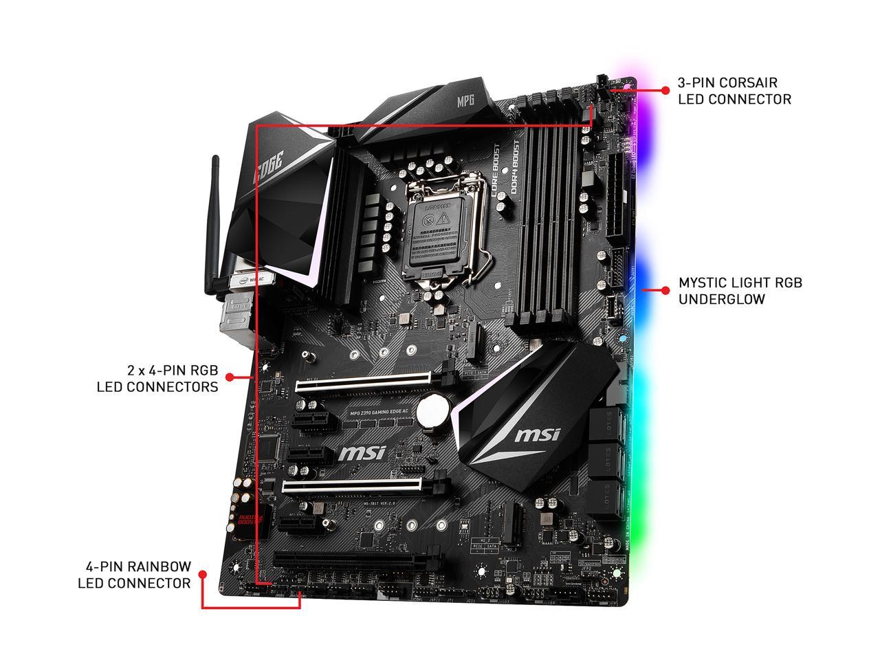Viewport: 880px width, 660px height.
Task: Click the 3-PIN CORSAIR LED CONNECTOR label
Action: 734,91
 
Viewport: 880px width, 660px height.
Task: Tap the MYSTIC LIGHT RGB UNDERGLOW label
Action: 740,291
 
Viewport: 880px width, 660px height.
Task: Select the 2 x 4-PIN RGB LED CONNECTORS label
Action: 157,378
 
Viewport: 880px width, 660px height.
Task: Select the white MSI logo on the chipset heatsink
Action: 537,434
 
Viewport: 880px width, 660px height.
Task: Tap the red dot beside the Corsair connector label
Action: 665,90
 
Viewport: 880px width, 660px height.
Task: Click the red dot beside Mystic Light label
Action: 665,291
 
